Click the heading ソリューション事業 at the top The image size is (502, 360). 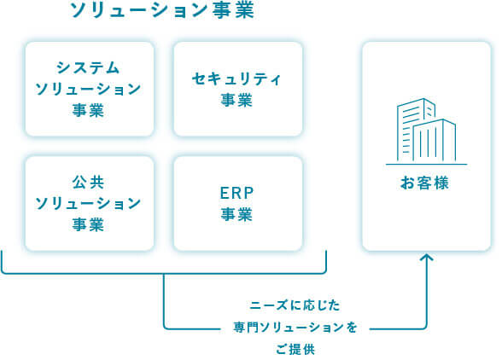point(162,11)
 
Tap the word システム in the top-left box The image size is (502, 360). point(89,67)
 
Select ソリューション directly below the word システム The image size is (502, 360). point(89,89)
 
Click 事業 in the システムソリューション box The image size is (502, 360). point(89,110)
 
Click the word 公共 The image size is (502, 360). point(89,182)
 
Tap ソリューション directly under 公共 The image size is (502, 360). point(89,203)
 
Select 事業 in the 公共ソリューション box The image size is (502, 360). point(89,224)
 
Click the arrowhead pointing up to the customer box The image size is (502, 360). point(427,258)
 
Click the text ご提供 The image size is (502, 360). point(295,349)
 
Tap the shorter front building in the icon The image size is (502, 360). point(436,141)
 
